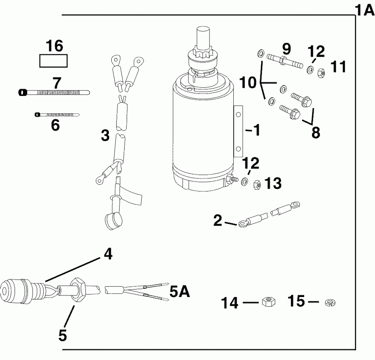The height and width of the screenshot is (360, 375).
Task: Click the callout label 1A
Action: click(x=365, y=9)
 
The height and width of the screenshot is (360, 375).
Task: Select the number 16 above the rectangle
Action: click(x=54, y=46)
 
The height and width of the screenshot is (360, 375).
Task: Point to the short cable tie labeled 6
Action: click(x=57, y=114)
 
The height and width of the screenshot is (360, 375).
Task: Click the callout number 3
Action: click(x=105, y=135)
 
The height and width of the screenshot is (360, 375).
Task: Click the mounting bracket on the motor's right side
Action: click(x=238, y=131)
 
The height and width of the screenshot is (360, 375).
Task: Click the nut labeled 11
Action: click(x=321, y=72)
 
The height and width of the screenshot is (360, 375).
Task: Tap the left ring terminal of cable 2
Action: click(x=243, y=225)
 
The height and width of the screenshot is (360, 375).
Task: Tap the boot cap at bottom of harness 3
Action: click(x=110, y=221)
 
